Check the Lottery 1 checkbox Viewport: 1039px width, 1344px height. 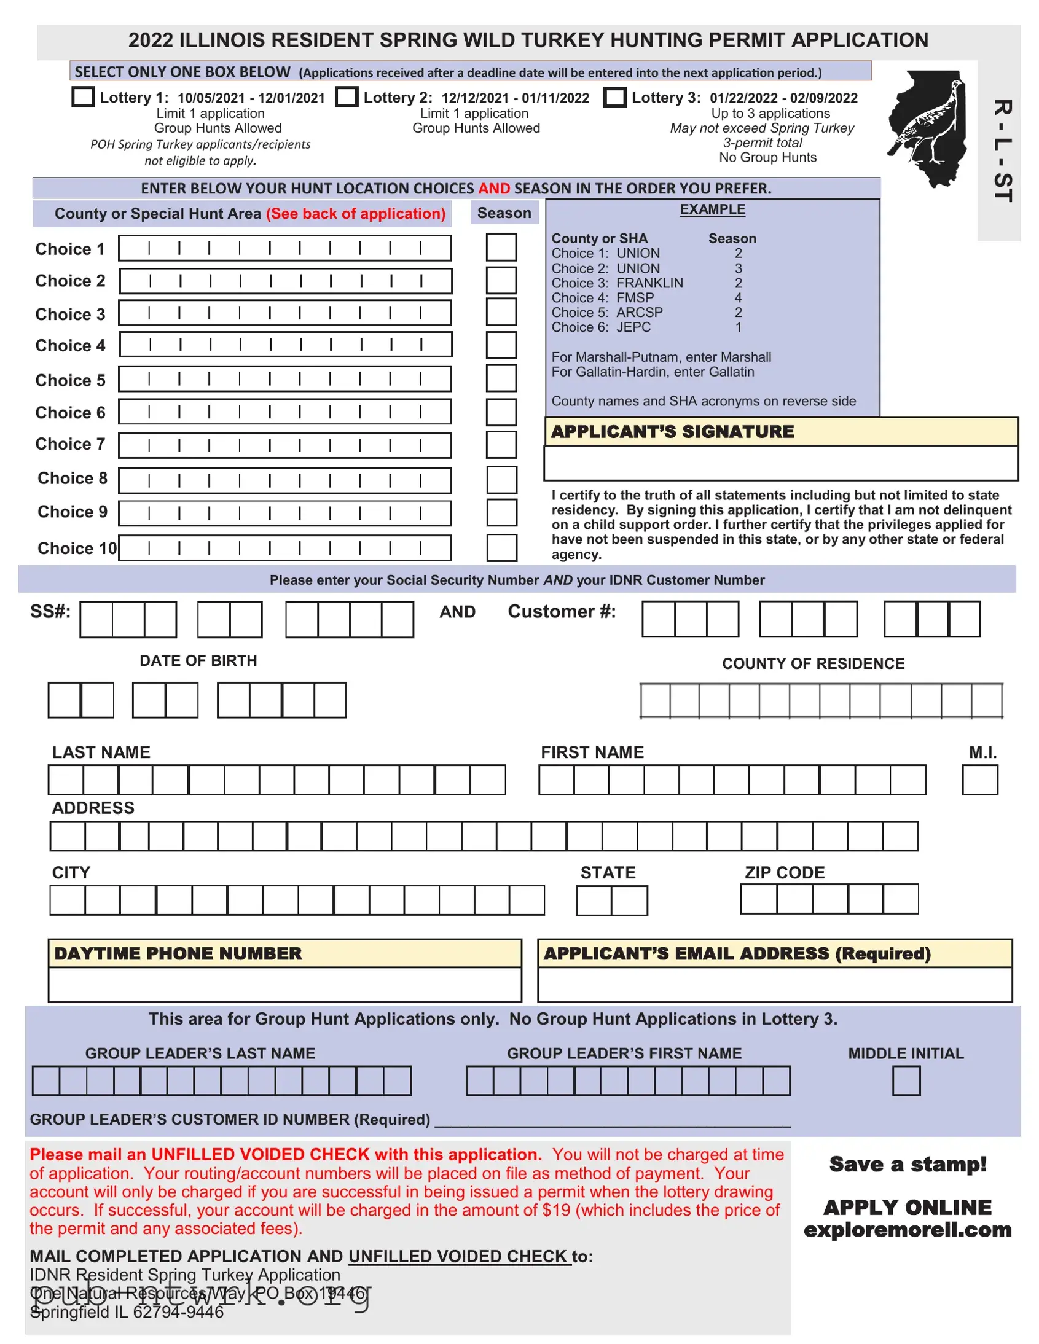pos(83,97)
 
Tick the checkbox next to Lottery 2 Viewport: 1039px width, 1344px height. pos(347,97)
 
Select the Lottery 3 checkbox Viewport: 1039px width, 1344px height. pos(614,97)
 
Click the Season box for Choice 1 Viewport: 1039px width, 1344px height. pos(501,248)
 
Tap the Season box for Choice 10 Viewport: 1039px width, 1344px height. pos(501,548)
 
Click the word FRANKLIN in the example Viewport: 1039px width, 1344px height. pos(649,283)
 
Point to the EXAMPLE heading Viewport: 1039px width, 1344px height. pos(712,209)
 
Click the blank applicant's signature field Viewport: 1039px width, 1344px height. pos(780,463)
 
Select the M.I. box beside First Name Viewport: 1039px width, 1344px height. pos(979,780)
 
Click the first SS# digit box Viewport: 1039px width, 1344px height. pos(96,620)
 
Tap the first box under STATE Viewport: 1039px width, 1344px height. pos(594,901)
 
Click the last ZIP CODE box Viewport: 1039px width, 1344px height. pos(901,899)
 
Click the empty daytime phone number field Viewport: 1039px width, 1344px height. pos(284,985)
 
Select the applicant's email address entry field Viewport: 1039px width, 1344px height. pos(774,985)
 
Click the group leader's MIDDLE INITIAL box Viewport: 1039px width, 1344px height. pos(906,1080)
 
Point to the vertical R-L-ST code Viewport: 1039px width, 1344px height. pos(1002,150)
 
